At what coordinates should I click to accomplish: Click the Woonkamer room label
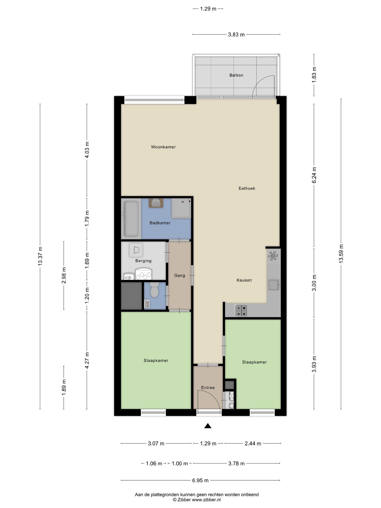[163, 147]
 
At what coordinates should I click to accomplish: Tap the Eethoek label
[247, 188]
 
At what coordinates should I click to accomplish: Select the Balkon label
[236, 75]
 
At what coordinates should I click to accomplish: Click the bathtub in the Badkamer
[131, 219]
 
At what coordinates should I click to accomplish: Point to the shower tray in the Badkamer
[181, 208]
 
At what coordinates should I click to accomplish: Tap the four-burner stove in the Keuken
[241, 311]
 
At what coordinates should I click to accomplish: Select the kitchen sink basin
[274, 285]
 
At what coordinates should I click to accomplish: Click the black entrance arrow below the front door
[208, 426]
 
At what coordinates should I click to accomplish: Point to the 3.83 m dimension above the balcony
[236, 34]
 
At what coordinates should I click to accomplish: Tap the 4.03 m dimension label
[87, 150]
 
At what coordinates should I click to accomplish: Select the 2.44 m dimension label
[253, 443]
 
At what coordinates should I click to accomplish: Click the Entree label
[208, 388]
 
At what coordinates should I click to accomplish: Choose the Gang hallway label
[180, 275]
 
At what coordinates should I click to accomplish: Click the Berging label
[143, 261]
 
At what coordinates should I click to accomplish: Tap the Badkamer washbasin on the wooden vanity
[156, 203]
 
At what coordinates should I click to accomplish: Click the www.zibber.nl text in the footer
[206, 500]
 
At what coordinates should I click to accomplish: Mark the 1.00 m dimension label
[180, 464]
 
